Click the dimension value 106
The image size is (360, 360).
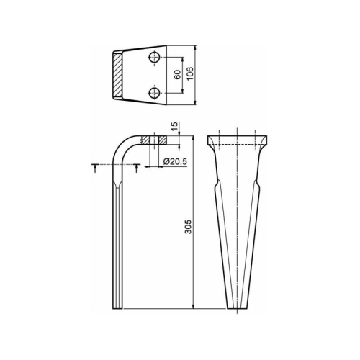[190, 73]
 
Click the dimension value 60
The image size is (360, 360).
[177, 75]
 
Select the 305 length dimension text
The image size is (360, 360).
[188, 227]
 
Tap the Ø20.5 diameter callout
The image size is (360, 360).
[175, 161]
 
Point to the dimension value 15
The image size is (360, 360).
[175, 126]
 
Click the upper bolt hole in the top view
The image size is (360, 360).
[155, 58]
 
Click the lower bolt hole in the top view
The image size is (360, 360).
[155, 93]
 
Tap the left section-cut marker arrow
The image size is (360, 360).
[95, 168]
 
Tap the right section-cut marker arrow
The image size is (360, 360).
[137, 168]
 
